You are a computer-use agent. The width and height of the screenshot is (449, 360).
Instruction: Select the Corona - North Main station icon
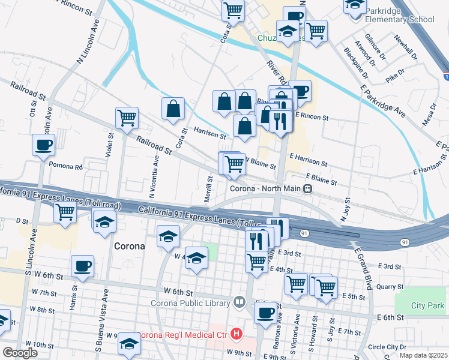(x=307, y=188)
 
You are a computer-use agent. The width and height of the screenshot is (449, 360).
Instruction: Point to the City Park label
(x=427, y=305)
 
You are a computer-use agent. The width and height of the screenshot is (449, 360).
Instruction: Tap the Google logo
(x=20, y=353)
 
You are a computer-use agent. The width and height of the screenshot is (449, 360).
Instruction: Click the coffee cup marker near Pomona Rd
(x=43, y=145)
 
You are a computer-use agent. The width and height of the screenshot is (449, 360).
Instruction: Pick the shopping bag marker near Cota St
(x=173, y=109)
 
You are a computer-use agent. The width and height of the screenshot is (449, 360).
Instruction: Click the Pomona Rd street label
(x=65, y=166)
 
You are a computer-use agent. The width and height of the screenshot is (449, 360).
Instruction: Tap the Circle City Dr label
(x=387, y=347)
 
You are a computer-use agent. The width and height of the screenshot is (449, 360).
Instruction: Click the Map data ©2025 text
(x=423, y=355)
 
